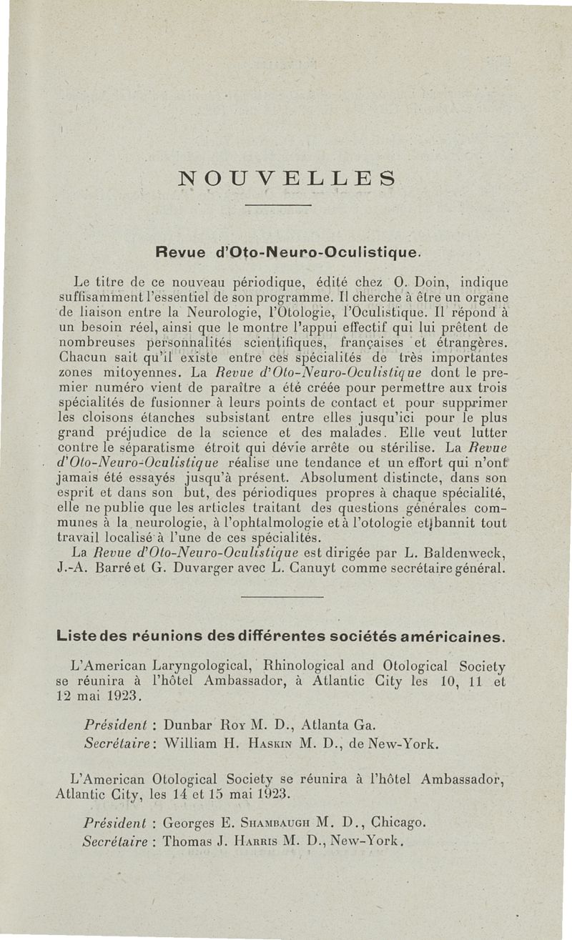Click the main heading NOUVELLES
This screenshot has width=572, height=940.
(286, 177)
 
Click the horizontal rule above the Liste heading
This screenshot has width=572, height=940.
(283, 597)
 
